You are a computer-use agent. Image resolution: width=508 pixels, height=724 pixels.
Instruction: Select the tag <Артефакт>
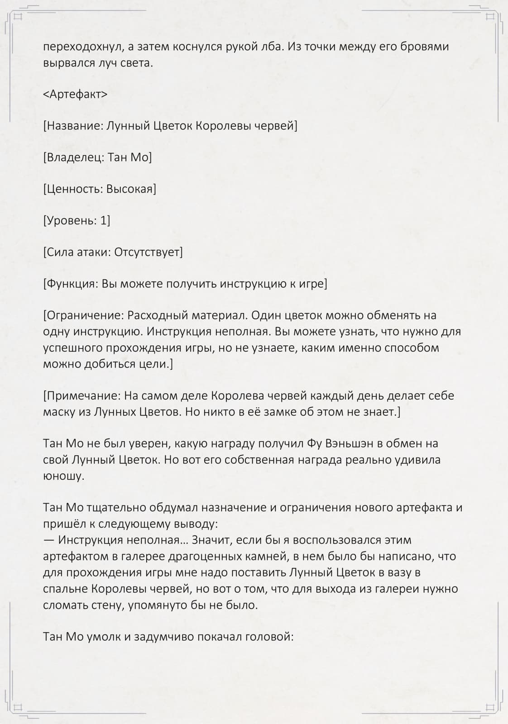point(75,94)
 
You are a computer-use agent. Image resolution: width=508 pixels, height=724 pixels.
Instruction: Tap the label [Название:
point(73,126)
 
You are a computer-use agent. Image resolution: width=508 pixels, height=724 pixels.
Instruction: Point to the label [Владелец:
point(74,157)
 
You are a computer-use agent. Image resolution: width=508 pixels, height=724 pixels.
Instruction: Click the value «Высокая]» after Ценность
point(131,189)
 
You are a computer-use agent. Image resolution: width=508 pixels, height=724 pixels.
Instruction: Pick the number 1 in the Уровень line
point(105,220)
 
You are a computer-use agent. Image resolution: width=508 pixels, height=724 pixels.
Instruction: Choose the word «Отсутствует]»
point(149,252)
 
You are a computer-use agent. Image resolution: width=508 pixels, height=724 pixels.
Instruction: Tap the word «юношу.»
point(64,476)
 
